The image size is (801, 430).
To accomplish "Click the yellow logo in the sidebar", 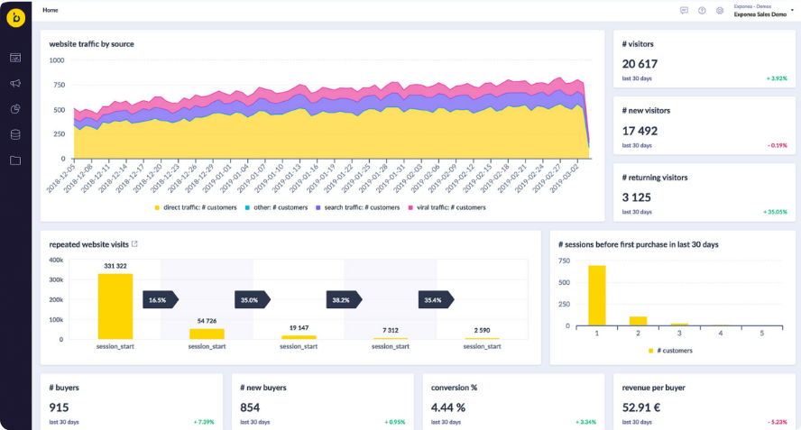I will pyautogui.click(x=15, y=19).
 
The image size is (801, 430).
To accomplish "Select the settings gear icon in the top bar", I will pyautogui.click(x=719, y=11).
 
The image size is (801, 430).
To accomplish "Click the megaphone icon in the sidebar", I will pyautogui.click(x=15, y=83).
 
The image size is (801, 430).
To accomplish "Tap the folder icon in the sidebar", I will pyautogui.click(x=15, y=160).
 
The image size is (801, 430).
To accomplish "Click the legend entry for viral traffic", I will pyautogui.click(x=449, y=207).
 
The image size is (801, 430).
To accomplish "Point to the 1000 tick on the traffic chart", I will pyautogui.click(x=56, y=60).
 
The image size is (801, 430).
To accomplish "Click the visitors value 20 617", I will pyautogui.click(x=640, y=64).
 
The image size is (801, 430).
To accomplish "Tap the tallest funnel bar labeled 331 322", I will pyautogui.click(x=115, y=306).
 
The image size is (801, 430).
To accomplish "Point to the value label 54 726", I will pyautogui.click(x=207, y=321).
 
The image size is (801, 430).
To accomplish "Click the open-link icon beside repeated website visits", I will pyautogui.click(x=135, y=244).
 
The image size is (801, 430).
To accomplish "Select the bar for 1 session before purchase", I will pyautogui.click(x=596, y=295).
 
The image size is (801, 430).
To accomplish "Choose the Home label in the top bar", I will pyautogui.click(x=51, y=10).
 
